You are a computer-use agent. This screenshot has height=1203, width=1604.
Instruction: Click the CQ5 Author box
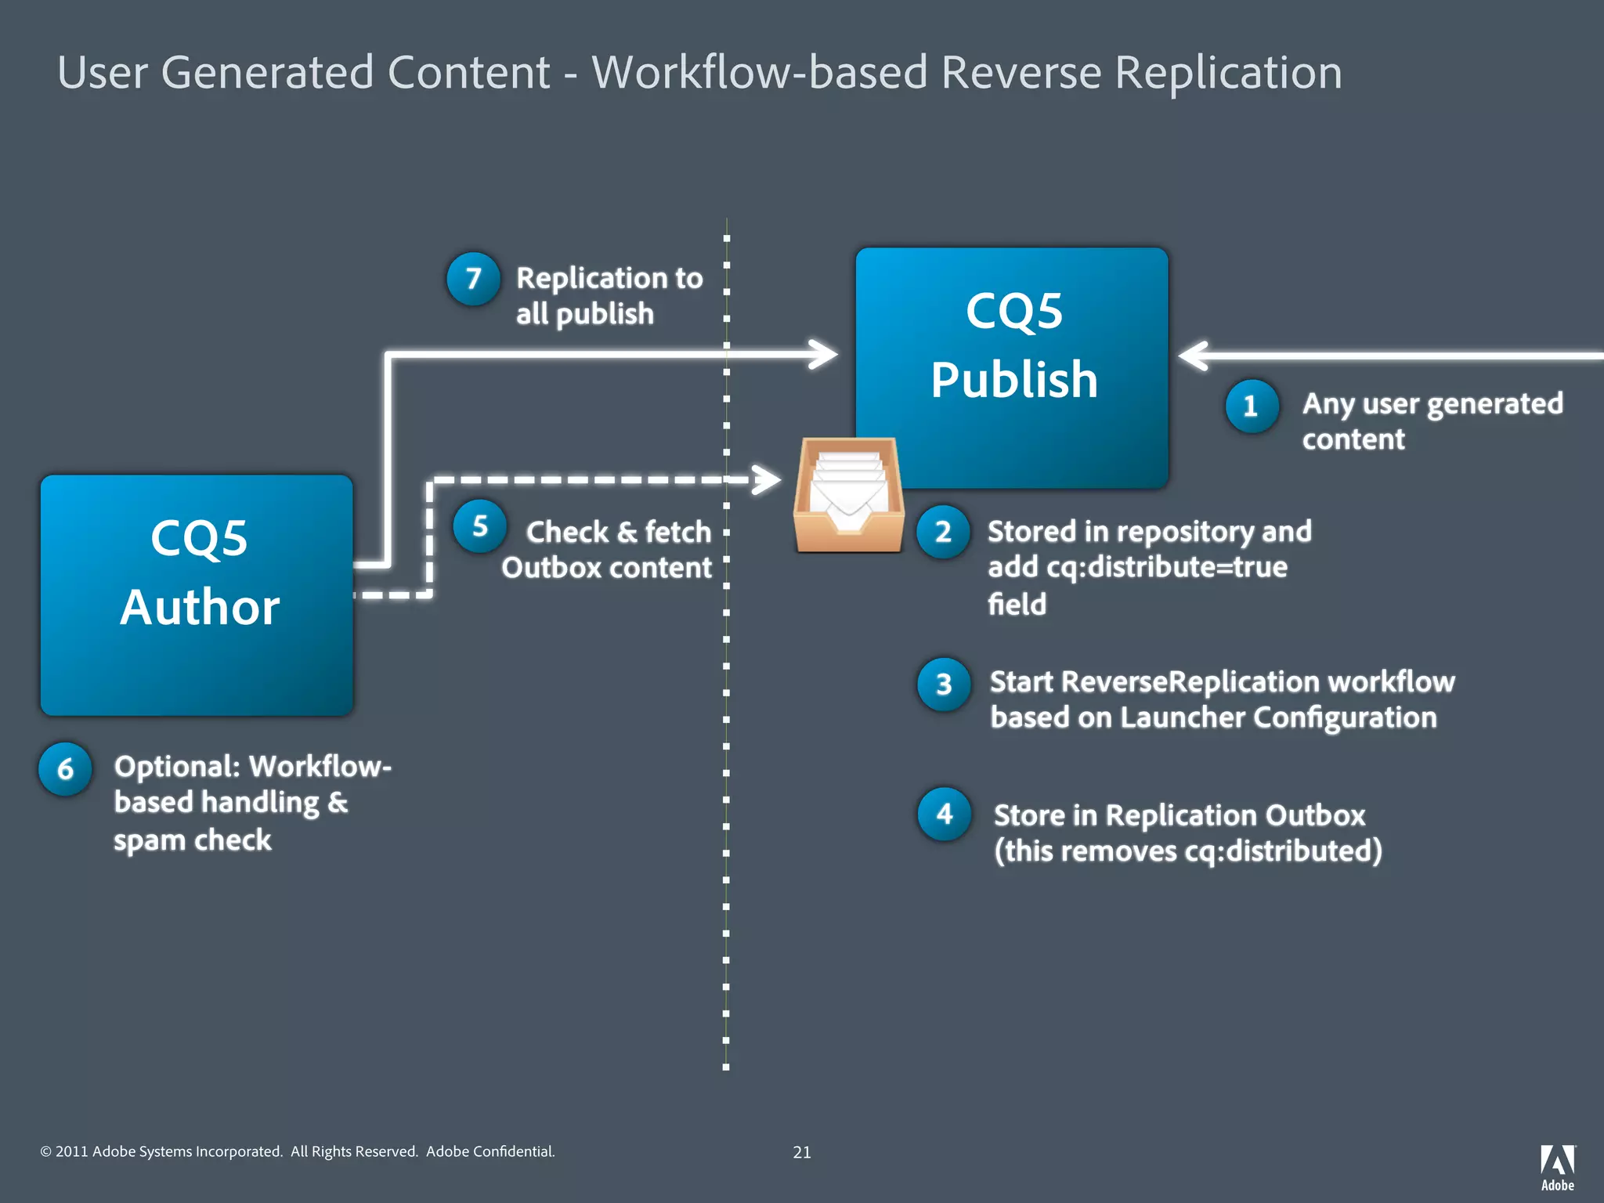(197, 595)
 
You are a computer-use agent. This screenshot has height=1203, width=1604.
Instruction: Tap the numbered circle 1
(1251, 406)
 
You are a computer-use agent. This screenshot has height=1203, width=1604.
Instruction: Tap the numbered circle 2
(943, 532)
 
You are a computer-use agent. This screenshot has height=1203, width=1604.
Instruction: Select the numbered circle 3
(944, 685)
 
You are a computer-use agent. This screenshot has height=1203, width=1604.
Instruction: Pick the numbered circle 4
(944, 815)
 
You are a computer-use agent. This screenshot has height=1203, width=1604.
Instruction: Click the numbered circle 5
(479, 526)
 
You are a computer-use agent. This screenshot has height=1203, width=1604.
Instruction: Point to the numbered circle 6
(65, 769)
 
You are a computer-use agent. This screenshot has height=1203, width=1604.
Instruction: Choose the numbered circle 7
(473, 279)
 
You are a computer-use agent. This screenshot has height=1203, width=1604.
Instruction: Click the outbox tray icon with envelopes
(849, 495)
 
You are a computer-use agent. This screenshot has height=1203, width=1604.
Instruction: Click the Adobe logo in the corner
(1557, 1166)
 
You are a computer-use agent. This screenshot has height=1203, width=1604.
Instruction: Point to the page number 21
(801, 1152)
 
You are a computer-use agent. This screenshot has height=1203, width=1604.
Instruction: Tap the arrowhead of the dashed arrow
(768, 479)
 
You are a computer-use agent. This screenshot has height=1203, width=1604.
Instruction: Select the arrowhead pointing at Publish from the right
(1194, 356)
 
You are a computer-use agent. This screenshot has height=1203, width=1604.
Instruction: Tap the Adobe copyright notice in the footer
(298, 1151)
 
